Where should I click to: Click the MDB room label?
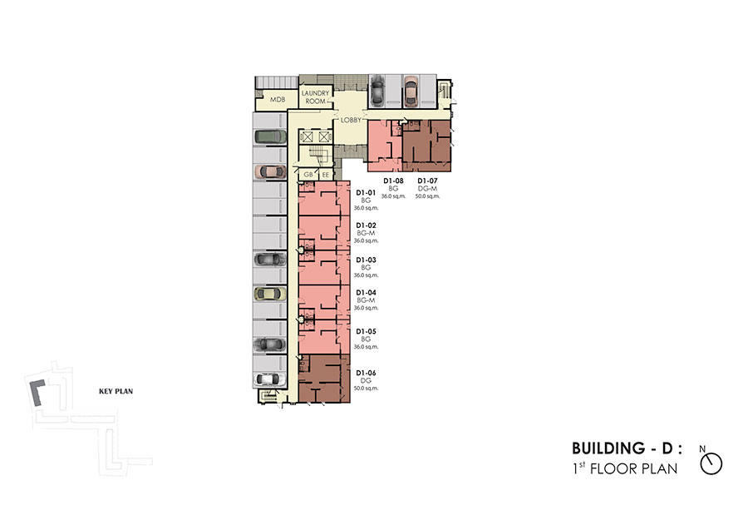(x=278, y=99)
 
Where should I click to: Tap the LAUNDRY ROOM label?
(x=315, y=97)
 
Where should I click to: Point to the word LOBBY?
(x=351, y=120)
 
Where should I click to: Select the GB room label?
(x=308, y=175)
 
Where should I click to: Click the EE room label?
(x=325, y=175)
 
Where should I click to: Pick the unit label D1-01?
(x=366, y=192)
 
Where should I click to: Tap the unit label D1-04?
(x=366, y=292)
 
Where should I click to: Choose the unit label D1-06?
(x=366, y=373)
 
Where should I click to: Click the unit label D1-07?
(x=427, y=181)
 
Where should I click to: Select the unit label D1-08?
(x=394, y=181)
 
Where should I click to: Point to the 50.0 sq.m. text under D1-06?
(x=366, y=389)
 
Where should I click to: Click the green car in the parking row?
(x=270, y=136)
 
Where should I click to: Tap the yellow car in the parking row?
(x=270, y=294)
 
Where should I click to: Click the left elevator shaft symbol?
(x=308, y=137)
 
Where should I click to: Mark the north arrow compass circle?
(x=711, y=463)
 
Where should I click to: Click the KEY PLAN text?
(x=116, y=391)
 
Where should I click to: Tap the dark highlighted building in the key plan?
(x=37, y=393)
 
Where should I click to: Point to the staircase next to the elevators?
(x=317, y=156)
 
